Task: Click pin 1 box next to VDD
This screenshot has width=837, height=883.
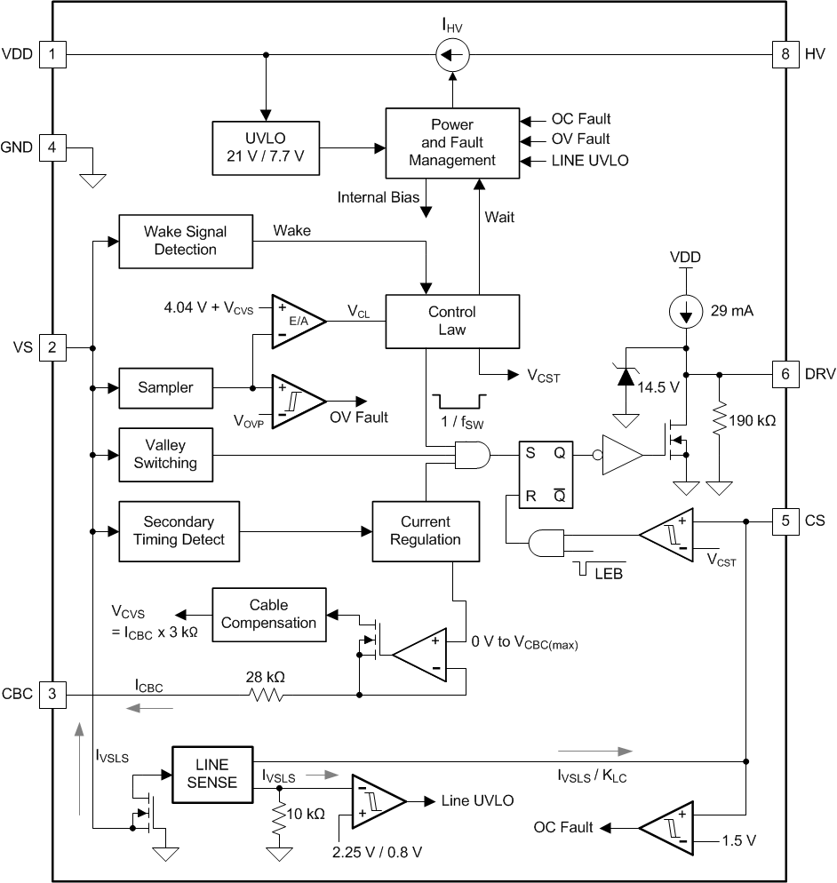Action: coord(52,54)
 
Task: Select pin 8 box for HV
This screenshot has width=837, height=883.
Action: coord(783,54)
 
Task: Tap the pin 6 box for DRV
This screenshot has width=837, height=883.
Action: coord(783,374)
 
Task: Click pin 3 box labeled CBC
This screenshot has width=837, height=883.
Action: coord(52,694)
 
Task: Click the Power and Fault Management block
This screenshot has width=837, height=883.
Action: coord(451,143)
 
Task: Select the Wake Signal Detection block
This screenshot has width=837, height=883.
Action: coord(185,241)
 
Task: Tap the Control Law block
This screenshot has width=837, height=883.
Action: coord(451,321)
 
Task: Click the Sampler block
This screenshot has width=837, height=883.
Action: coord(165,388)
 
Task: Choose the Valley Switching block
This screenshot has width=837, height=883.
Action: coord(165,454)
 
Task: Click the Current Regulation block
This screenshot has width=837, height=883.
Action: coord(426,530)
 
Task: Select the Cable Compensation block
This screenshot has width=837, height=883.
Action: coord(268,614)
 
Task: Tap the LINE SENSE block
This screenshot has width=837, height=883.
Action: coord(211,774)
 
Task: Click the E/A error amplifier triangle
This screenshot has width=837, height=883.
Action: coord(297,321)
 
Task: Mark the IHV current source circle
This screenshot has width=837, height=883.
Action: coord(451,55)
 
